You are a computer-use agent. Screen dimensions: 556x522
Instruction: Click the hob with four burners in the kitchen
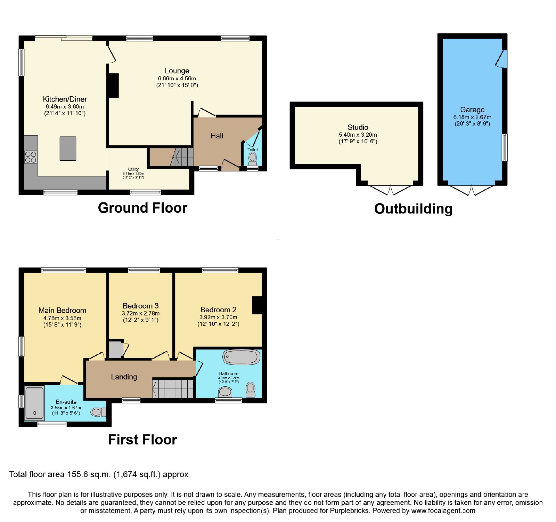(x=31, y=157)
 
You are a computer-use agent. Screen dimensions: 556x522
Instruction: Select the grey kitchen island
(x=68, y=148)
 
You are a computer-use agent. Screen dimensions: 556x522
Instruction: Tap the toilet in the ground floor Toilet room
(x=253, y=159)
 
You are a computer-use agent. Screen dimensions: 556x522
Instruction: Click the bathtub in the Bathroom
(x=242, y=357)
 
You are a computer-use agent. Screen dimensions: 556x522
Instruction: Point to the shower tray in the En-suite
(x=34, y=403)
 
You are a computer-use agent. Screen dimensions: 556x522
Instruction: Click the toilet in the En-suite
(x=98, y=412)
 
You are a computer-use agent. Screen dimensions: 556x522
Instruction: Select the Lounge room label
(x=177, y=71)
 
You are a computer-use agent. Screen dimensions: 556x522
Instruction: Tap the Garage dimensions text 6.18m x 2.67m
(x=472, y=117)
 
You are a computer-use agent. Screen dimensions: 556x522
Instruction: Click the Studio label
(x=358, y=127)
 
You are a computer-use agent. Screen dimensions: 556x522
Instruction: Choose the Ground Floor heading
(x=142, y=208)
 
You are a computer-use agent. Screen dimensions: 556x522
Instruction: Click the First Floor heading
(x=142, y=440)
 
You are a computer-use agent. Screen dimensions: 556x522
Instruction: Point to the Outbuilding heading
(x=414, y=209)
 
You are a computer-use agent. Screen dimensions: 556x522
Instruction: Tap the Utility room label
(x=133, y=169)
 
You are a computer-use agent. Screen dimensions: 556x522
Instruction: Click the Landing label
(x=124, y=377)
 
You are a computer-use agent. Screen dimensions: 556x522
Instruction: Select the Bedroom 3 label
(x=141, y=306)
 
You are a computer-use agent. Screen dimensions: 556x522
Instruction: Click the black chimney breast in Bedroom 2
(x=257, y=305)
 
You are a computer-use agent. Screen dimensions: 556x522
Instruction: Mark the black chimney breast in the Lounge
(x=114, y=86)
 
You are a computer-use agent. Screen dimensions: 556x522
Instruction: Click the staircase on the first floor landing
(x=173, y=388)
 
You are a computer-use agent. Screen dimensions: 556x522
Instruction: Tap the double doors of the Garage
(x=472, y=190)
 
